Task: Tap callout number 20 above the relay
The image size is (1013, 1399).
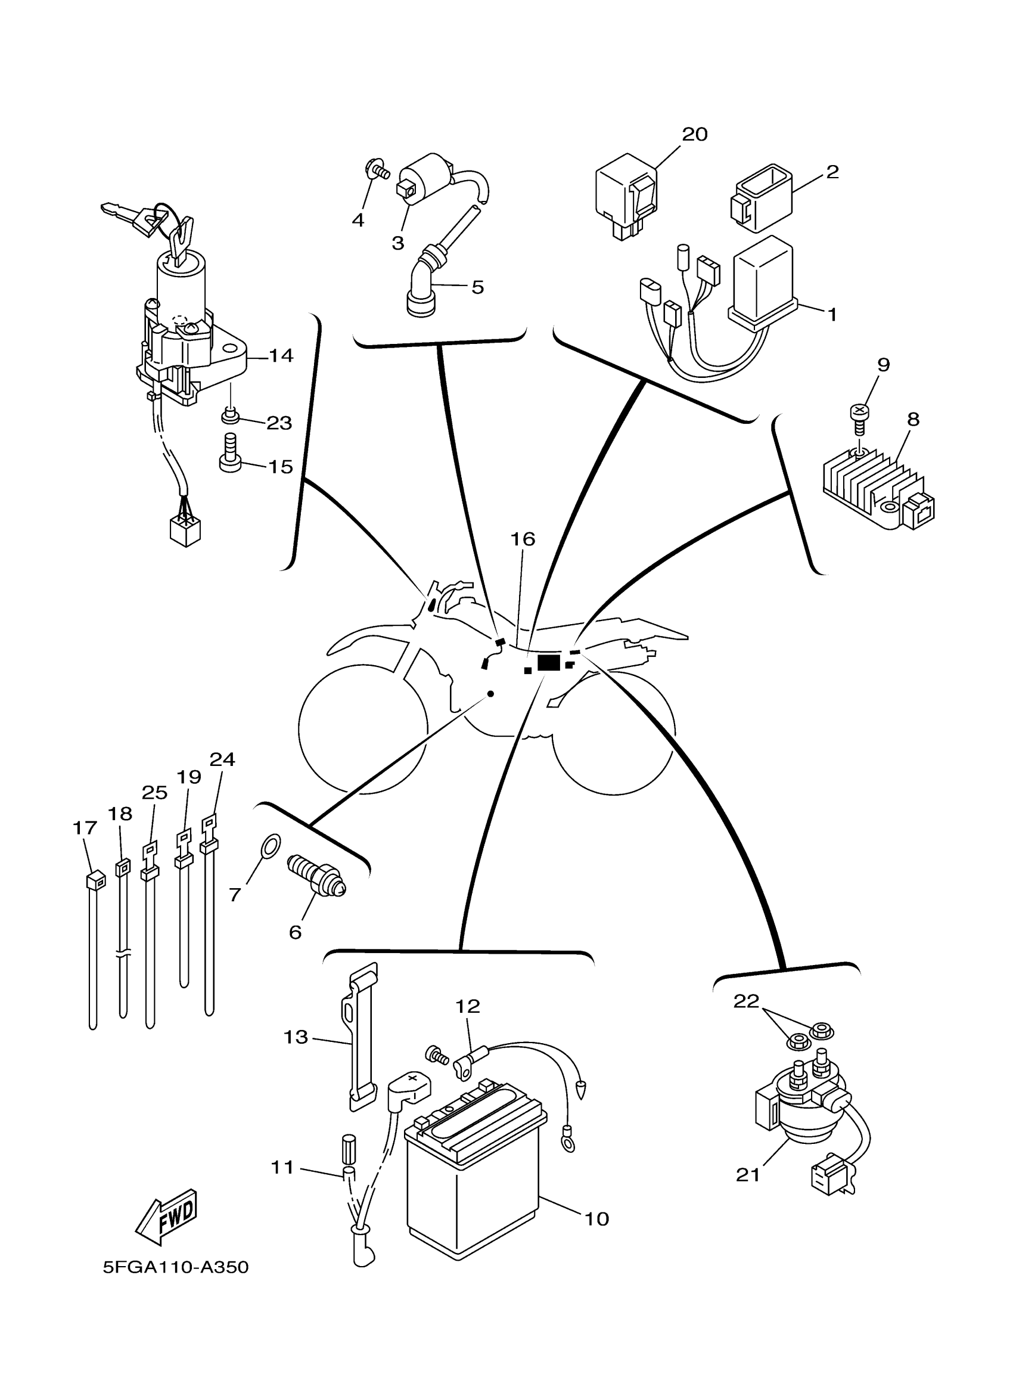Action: [x=694, y=134]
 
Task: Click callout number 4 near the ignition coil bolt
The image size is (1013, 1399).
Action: [x=358, y=220]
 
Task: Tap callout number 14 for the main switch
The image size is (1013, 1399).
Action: [x=281, y=355]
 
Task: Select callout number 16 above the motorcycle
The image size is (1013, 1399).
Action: [x=522, y=539]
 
